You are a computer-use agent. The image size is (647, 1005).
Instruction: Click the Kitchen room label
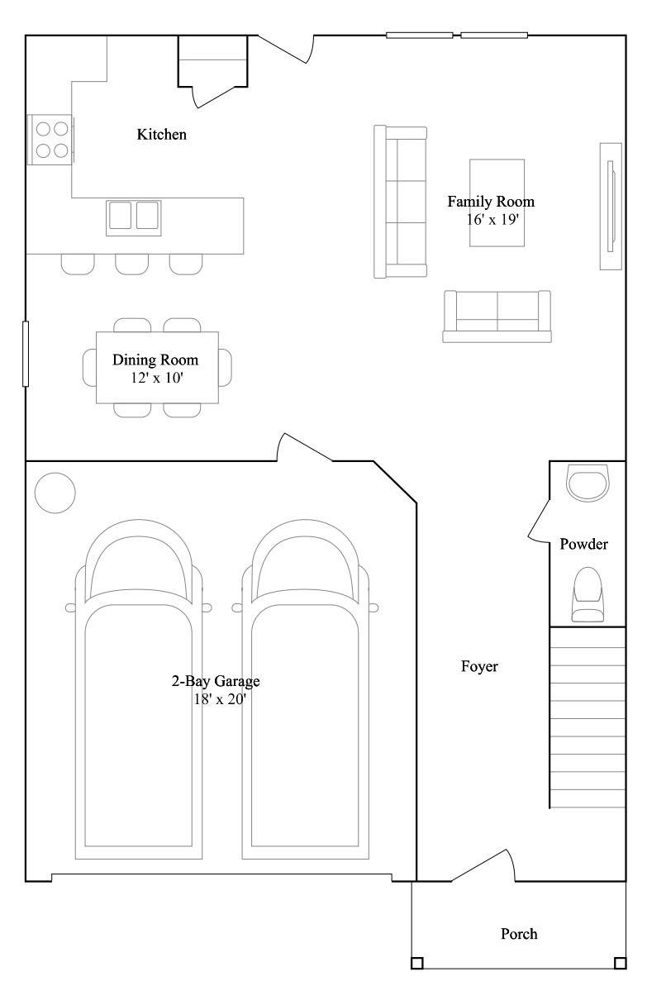pyautogui.click(x=161, y=134)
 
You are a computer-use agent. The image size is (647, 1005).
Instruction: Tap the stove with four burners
pyautogui.click(x=50, y=140)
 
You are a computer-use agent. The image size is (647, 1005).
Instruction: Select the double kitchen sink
pyautogui.click(x=134, y=217)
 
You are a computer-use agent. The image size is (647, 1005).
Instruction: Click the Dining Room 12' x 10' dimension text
pyautogui.click(x=157, y=378)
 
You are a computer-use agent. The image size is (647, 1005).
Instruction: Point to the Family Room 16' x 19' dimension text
pyautogui.click(x=492, y=219)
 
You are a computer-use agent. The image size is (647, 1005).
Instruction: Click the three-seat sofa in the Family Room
pyautogui.click(x=400, y=202)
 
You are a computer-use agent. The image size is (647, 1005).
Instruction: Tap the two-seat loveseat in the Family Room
pyautogui.click(x=497, y=317)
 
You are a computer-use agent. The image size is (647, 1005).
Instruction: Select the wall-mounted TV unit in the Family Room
pyautogui.click(x=611, y=207)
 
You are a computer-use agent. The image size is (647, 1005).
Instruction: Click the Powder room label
pyautogui.click(x=583, y=544)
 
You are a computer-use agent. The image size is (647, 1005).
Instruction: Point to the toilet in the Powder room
pyautogui.click(x=588, y=594)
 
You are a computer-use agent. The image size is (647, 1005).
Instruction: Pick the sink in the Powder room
pyautogui.click(x=588, y=483)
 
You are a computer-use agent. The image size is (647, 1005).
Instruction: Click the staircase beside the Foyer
pyautogui.click(x=588, y=717)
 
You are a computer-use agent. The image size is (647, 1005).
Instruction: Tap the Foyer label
pyautogui.click(x=479, y=666)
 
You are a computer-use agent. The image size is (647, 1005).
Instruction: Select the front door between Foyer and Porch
pyautogui.click(x=483, y=865)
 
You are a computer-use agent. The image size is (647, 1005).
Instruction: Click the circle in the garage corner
pyautogui.click(x=55, y=493)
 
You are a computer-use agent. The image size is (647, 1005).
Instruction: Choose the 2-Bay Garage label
pyautogui.click(x=216, y=681)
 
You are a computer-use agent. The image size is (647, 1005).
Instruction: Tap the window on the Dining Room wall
pyautogui.click(x=26, y=354)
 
